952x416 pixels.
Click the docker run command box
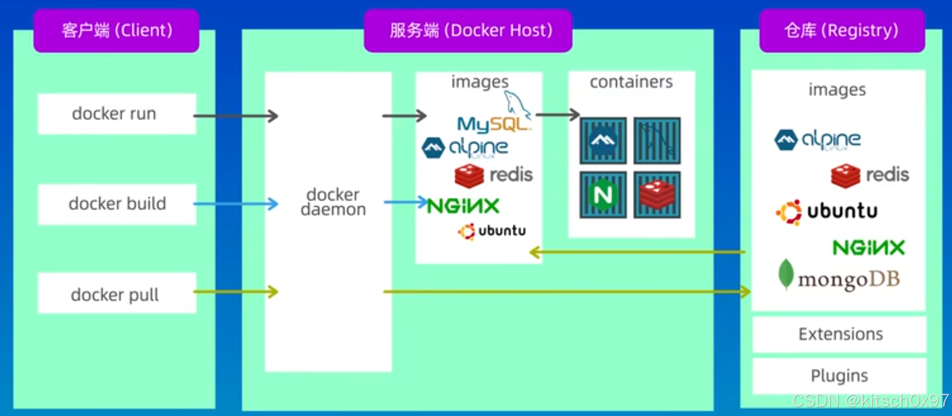pos(117,114)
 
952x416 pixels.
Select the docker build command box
pos(117,204)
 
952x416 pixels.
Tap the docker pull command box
pos(117,293)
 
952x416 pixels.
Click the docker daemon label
pos(333,202)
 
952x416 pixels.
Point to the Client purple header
pos(117,31)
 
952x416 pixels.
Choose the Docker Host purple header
pos(468,31)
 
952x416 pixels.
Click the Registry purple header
pos(842,31)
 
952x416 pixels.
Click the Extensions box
pos(839,334)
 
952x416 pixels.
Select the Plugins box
pos(839,376)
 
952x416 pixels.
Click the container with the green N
pos(603,195)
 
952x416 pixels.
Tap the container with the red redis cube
pos(657,195)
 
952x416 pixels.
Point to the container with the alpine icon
pos(603,140)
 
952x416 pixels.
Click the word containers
pos(631,82)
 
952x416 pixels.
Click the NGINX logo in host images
pos(463,206)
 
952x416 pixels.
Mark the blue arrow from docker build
pos(236,204)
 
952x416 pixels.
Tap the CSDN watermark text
pos(870,401)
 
